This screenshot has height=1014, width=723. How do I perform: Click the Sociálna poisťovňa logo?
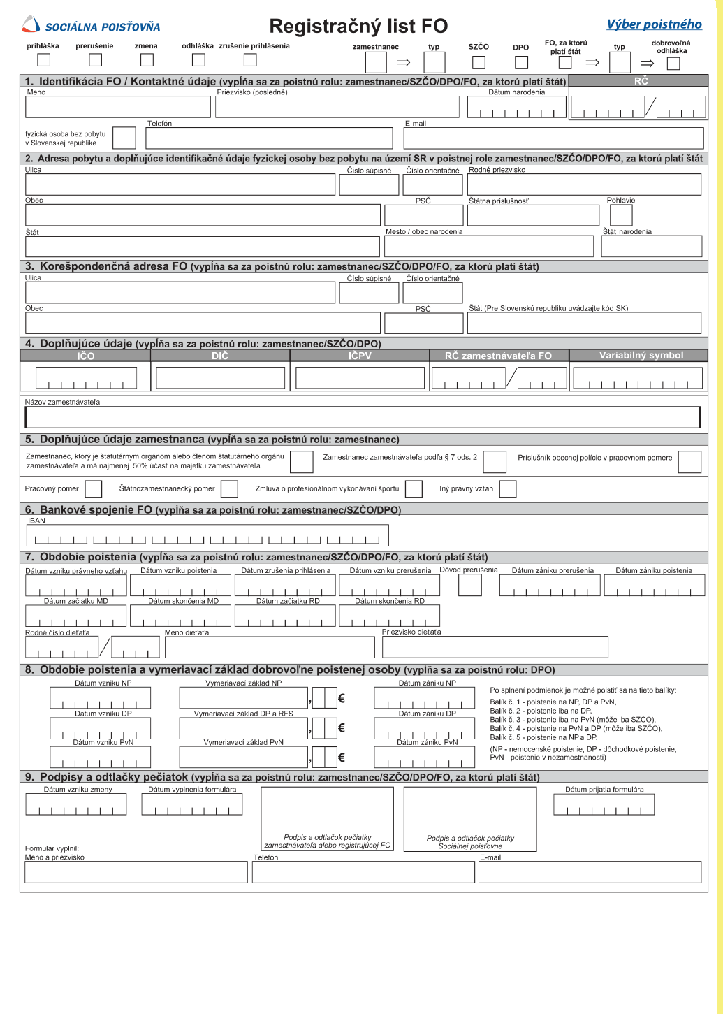point(91,26)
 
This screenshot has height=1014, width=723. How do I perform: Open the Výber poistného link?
point(654,24)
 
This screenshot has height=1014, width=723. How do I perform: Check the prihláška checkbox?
point(43,60)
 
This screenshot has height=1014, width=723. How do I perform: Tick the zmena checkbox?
point(147,60)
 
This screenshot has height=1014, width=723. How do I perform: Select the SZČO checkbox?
point(479,62)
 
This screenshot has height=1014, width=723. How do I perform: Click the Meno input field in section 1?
point(117,107)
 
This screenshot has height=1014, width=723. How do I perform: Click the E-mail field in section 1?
point(553,138)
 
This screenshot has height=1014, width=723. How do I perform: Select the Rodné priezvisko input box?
point(584,184)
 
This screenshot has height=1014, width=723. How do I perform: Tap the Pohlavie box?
point(621,215)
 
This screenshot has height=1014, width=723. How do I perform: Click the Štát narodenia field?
point(651,246)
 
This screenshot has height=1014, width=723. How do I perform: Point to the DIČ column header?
point(220,356)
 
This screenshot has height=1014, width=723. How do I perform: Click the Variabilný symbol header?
point(641,355)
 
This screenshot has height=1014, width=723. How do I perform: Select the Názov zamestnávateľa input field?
point(362,417)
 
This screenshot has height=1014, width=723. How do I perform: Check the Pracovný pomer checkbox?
point(93,489)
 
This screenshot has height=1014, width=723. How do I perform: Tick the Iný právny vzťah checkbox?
point(508,489)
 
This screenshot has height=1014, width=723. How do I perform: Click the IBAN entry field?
point(207,536)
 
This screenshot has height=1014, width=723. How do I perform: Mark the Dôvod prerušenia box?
point(470,585)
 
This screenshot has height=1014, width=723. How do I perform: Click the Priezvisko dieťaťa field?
point(495,647)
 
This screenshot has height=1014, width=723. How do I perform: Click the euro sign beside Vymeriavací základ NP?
point(342,698)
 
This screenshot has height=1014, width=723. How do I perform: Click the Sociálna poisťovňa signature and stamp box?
point(470,818)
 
